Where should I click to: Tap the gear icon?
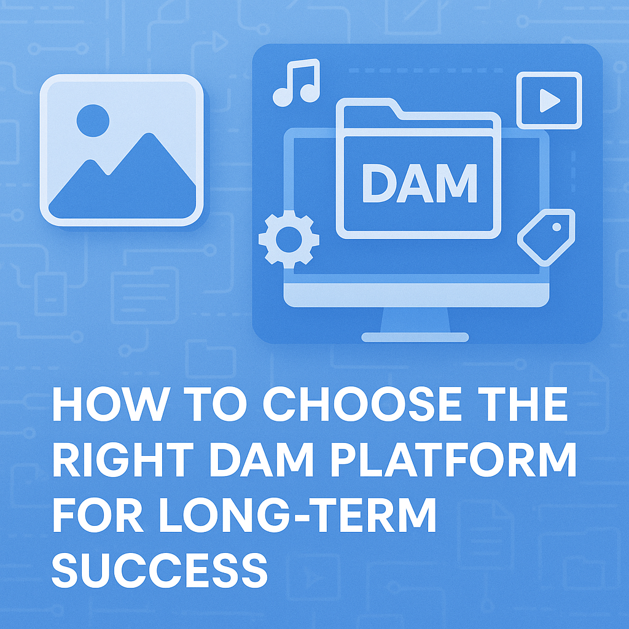[x=289, y=240]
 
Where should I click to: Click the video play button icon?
[x=549, y=100]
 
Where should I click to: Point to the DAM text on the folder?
[x=420, y=183]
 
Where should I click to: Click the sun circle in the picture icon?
[x=93, y=120]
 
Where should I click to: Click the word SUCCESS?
[x=159, y=570]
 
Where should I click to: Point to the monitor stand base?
[x=415, y=337]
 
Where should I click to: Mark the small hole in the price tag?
[x=557, y=227]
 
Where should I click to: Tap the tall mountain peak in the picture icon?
[x=149, y=135]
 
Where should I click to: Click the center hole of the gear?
[x=289, y=240]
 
